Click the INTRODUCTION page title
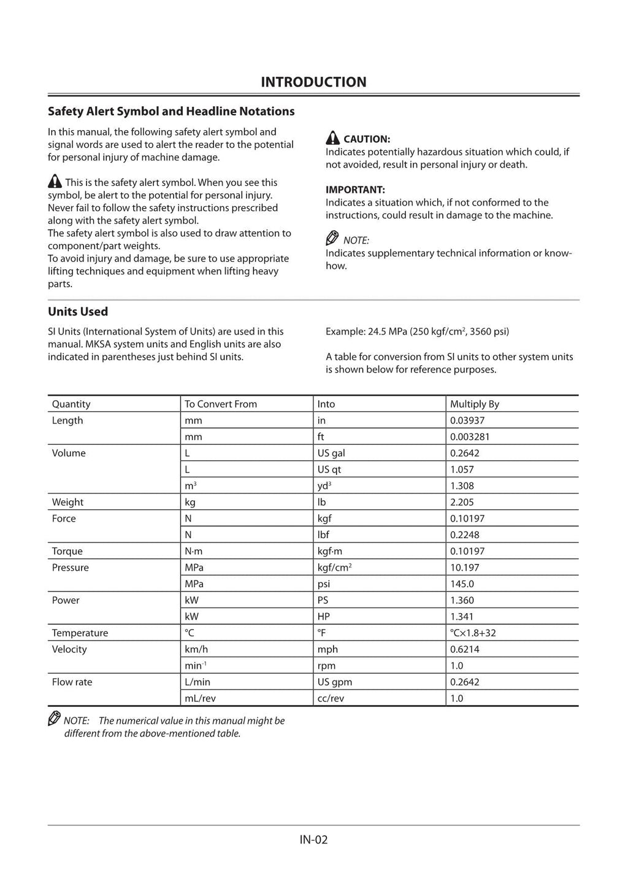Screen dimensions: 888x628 tap(313, 82)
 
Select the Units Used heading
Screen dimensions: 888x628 tap(78, 312)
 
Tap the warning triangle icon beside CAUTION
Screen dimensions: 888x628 tap(332, 138)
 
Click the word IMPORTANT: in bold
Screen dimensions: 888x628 tap(355, 190)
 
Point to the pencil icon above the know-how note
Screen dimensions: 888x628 tap(332, 239)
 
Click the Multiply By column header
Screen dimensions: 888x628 tap(474, 404)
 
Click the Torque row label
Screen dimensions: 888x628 tap(67, 551)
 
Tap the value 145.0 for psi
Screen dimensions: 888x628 tap(462, 584)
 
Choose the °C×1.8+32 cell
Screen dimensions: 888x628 tap(478, 633)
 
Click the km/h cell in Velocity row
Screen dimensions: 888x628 tap(196, 649)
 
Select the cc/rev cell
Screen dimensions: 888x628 tap(331, 698)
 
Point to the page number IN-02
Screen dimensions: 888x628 tap(313, 840)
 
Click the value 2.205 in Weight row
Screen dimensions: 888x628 tap(462, 502)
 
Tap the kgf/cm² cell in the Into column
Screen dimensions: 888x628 tap(334, 568)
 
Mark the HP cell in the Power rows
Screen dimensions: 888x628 tap(323, 617)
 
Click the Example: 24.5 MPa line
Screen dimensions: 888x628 tap(417, 331)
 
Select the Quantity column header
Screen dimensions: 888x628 tap(71, 404)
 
